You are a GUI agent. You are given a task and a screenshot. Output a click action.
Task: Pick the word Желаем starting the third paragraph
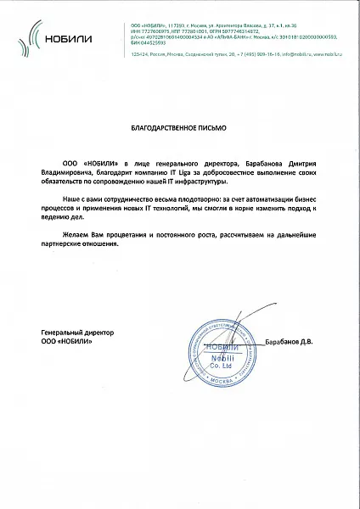point(77,232)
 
